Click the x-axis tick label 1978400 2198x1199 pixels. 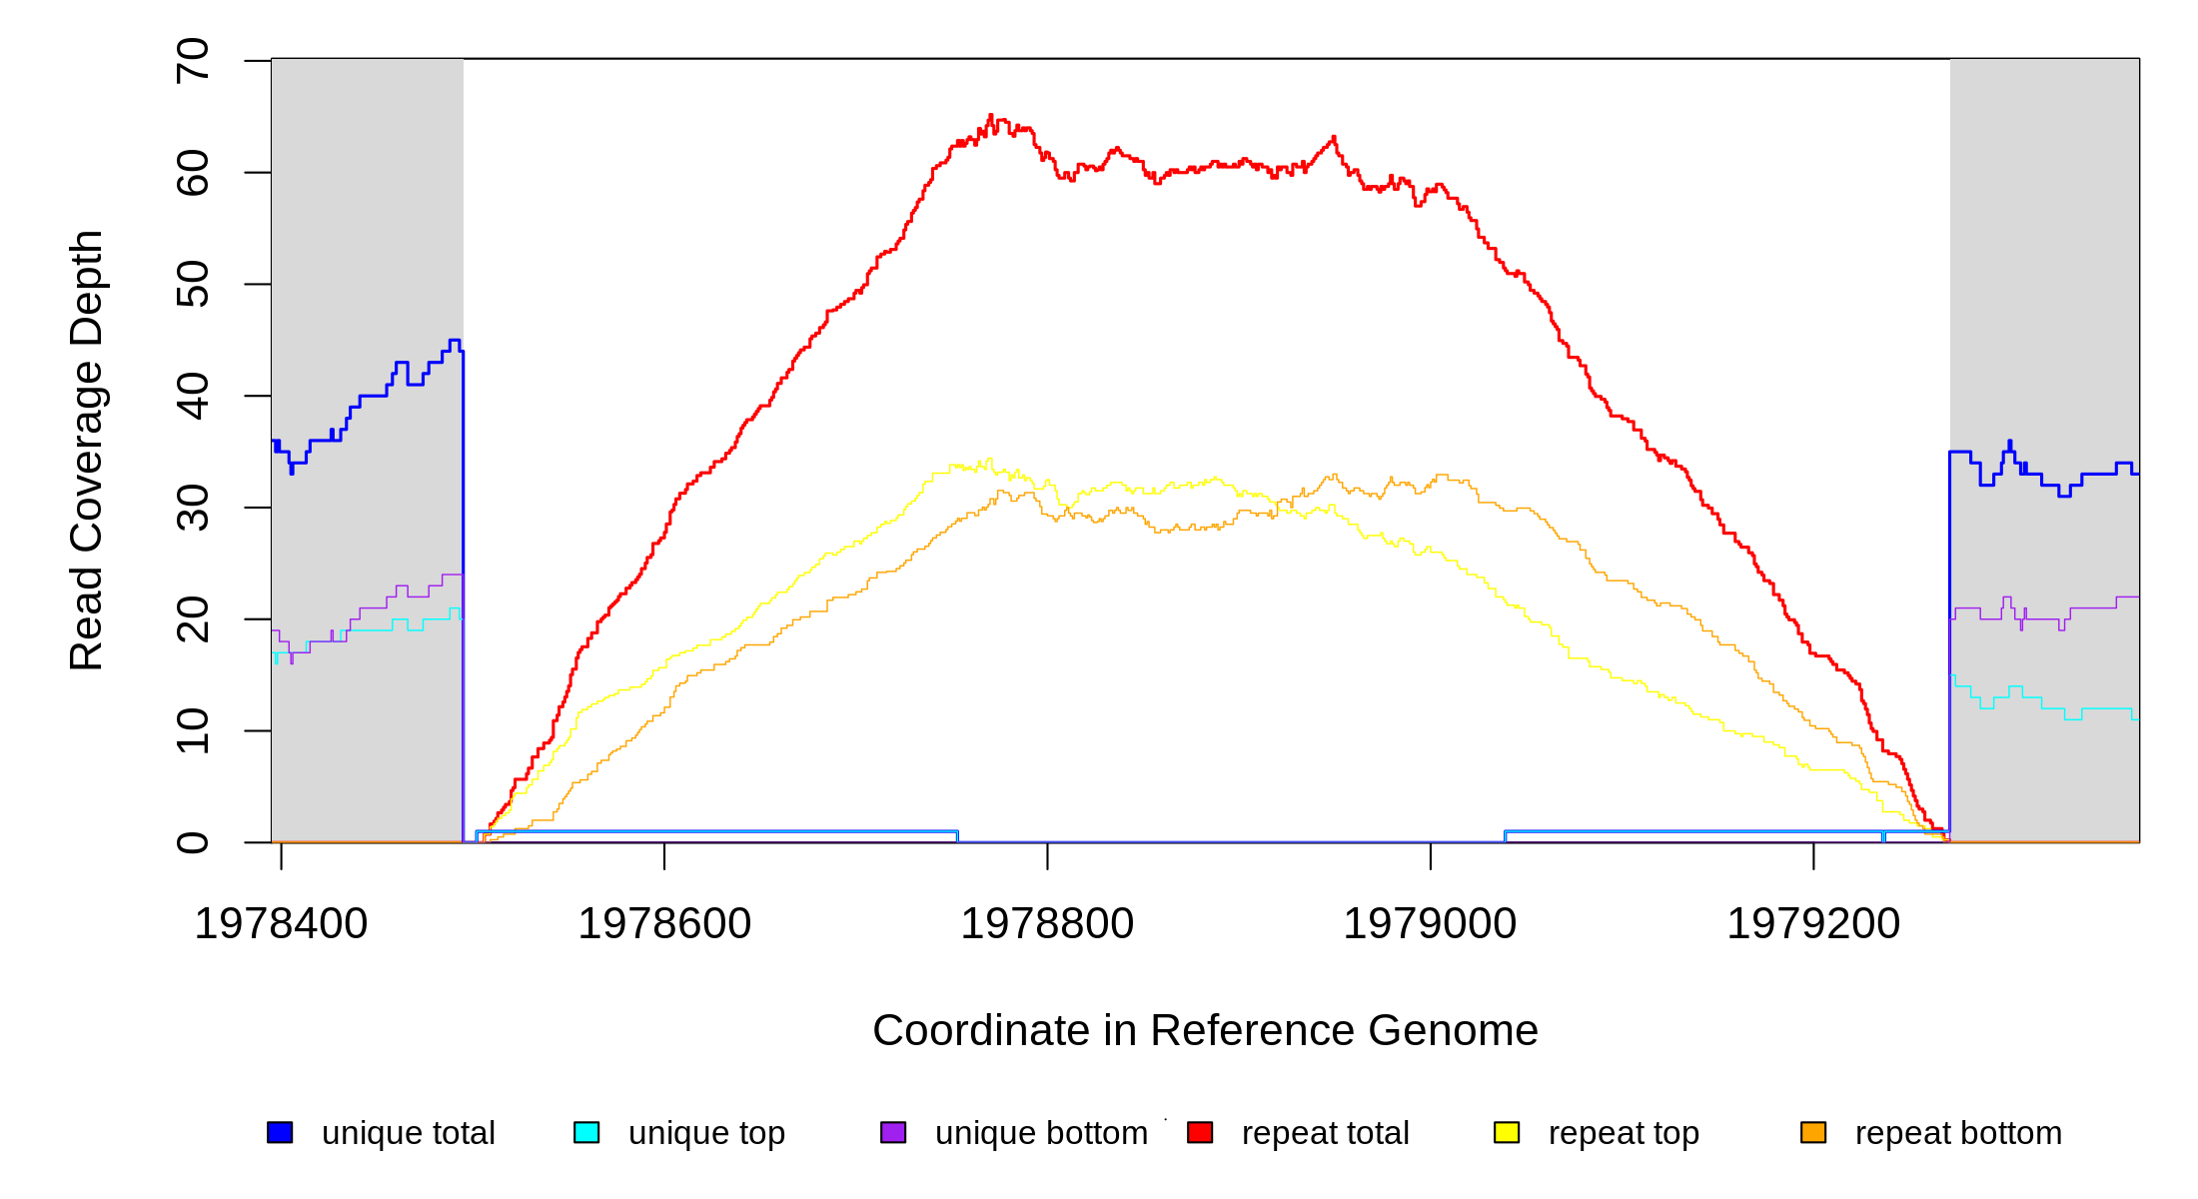[281, 924]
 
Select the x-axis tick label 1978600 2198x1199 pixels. [664, 924]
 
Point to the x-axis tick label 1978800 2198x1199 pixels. [1047, 924]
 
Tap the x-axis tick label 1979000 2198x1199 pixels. [1430, 924]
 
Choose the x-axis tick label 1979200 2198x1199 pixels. [1813, 924]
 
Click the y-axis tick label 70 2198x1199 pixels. [193, 61]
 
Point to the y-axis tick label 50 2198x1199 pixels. [193, 284]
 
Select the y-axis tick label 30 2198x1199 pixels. [193, 508]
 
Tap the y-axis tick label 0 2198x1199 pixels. [193, 842]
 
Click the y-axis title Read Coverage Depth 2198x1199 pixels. [87, 450]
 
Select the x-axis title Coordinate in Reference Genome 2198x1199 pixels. [1205, 1030]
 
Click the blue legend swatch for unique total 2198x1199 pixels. [280, 1132]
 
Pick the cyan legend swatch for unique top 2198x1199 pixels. [586, 1132]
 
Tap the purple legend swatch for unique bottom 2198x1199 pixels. [893, 1132]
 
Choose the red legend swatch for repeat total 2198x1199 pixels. [1200, 1132]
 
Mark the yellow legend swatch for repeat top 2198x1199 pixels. [1507, 1132]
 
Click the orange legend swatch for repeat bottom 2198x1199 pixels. [1813, 1132]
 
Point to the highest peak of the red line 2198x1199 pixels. [990, 115]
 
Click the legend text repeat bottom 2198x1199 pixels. [1958, 1133]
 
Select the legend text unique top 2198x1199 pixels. [706, 1133]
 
